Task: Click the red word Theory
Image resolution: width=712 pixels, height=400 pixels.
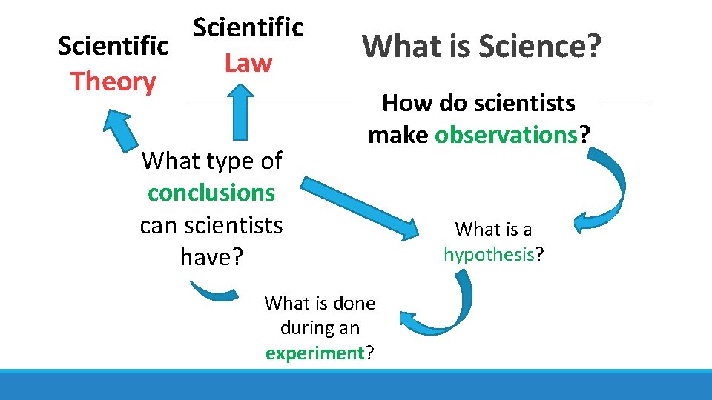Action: [113, 81]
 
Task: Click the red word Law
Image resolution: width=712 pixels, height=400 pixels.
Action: [248, 63]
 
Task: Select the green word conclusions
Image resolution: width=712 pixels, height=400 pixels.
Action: [211, 193]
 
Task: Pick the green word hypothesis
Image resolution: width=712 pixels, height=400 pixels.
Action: [489, 255]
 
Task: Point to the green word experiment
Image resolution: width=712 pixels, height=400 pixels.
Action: [314, 353]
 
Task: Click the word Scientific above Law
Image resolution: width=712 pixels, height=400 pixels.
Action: [248, 27]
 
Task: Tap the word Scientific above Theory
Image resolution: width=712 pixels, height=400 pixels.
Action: [113, 45]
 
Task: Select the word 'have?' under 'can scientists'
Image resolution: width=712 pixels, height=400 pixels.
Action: [211, 256]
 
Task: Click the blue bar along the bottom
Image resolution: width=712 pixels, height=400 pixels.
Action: [356, 385]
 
